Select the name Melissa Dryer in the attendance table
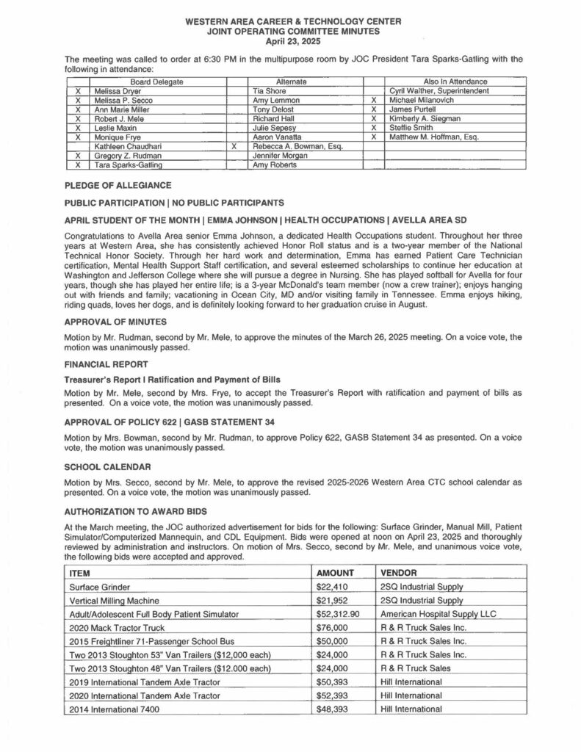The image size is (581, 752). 116,90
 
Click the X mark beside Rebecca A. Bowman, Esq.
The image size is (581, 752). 233,146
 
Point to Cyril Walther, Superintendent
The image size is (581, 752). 439,90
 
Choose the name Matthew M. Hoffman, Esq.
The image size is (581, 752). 433,137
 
